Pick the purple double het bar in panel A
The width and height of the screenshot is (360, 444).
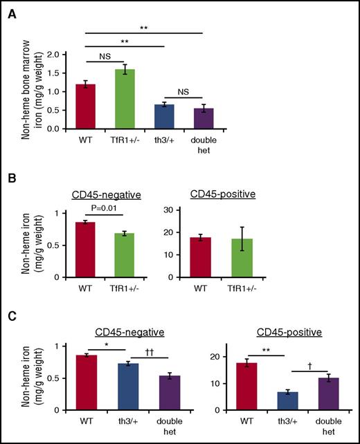[x=201, y=118]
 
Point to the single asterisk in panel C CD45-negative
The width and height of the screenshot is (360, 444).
[x=105, y=344]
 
